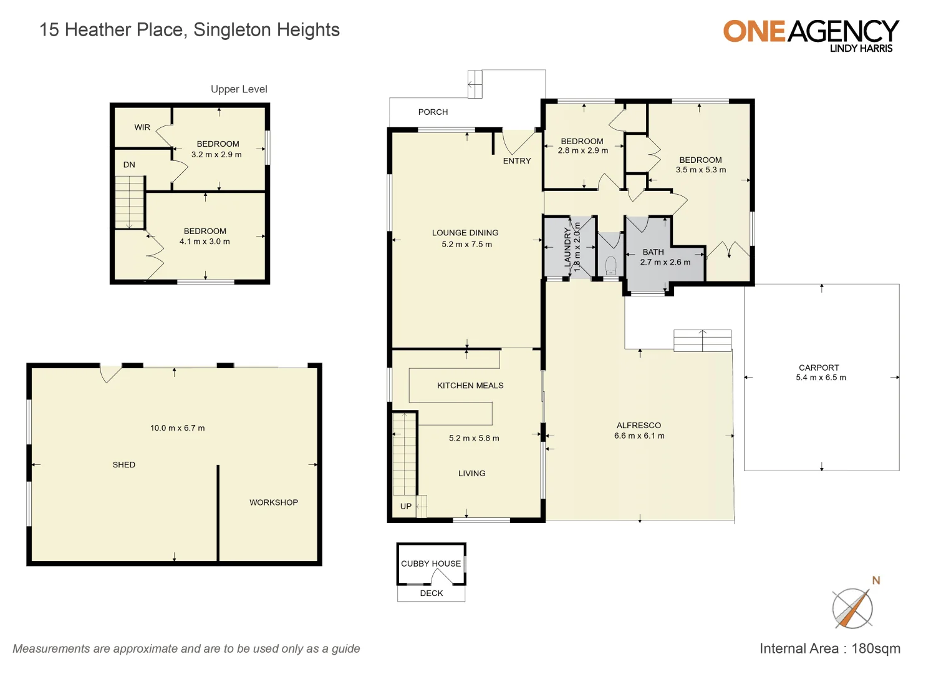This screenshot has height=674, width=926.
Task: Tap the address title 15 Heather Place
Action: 190,30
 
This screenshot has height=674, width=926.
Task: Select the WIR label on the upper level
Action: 142,127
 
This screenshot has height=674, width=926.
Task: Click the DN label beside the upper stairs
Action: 129,165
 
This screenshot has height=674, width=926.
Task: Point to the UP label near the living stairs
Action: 406,506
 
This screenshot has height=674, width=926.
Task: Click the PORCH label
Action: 433,112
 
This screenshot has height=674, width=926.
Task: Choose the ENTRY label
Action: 517,161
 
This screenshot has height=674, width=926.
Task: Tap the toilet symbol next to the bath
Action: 610,265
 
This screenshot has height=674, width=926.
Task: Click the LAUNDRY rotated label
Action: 567,247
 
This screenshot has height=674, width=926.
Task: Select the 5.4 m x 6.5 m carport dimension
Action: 821,378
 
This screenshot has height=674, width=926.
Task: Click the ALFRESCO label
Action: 639,426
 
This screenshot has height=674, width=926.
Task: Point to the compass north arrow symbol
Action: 853,607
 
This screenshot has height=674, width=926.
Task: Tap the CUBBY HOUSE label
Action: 431,564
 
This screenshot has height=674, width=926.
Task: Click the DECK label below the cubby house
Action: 432,593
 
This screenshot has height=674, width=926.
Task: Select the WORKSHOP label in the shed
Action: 274,502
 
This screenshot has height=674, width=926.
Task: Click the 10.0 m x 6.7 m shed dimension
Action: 177,428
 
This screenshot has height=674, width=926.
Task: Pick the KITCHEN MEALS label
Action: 470,386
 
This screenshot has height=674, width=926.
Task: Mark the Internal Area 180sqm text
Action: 829,648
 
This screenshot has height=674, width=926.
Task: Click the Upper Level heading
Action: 239,89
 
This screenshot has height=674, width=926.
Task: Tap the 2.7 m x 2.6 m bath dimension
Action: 665,262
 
